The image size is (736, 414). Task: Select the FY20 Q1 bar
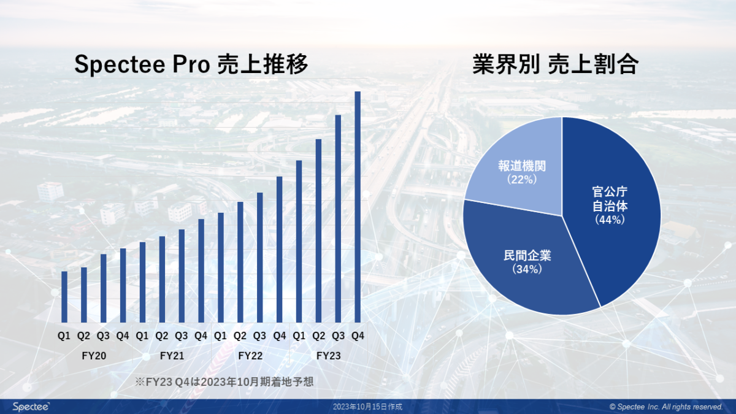64,297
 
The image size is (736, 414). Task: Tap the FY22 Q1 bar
221,267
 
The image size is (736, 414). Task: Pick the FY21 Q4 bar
201,270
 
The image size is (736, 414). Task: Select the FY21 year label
172,355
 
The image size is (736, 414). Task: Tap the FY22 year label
250,355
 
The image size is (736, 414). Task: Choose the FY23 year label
329,355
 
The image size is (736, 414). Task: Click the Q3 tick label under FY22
259,336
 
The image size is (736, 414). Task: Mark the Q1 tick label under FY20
64,336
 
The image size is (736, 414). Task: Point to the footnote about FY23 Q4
224,381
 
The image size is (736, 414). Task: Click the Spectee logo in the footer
31,407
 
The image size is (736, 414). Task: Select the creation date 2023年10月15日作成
368,407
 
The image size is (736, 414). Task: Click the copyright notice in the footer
666,407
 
